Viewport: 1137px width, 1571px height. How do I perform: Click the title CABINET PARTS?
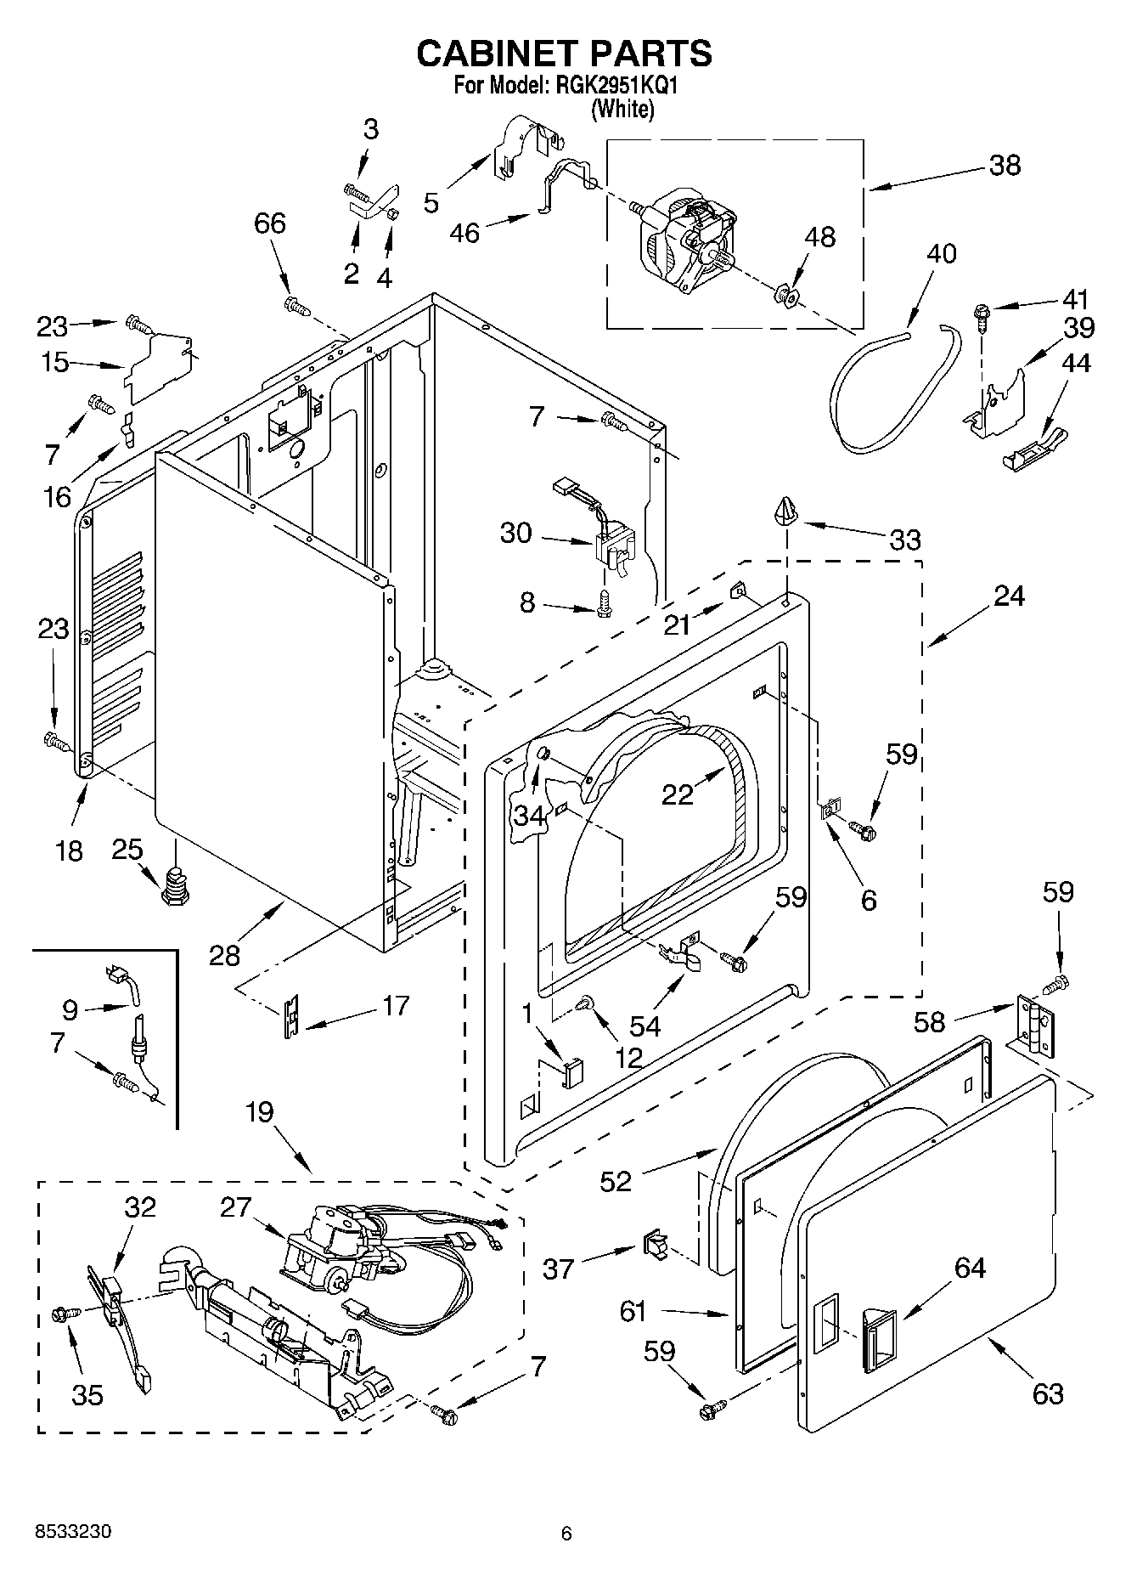click(564, 54)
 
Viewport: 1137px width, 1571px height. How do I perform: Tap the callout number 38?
click(1005, 165)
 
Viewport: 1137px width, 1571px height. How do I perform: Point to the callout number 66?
click(270, 223)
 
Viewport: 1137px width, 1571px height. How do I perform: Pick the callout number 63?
click(1048, 1393)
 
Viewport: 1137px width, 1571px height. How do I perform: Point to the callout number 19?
click(260, 1111)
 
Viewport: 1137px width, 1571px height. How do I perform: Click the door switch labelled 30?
click(614, 548)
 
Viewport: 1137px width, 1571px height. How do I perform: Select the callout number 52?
click(616, 1181)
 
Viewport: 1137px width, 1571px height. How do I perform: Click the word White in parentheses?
click(622, 109)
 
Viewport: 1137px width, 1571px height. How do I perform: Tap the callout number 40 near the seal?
click(941, 253)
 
